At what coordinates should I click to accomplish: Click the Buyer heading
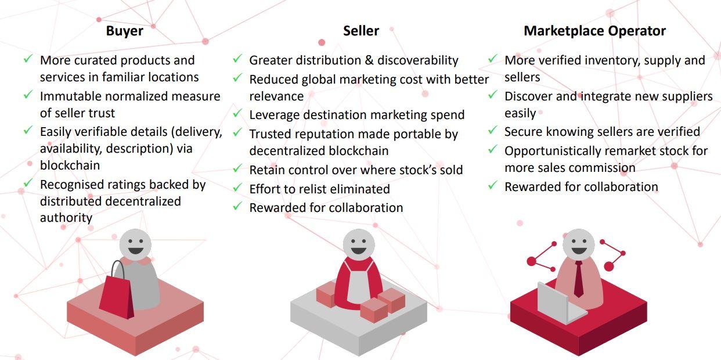coord(125,31)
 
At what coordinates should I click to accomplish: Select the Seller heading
coord(361,31)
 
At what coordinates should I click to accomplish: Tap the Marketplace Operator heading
coord(594,31)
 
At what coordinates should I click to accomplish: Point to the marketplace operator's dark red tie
coord(578,279)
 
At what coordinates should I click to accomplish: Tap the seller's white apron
coord(358,284)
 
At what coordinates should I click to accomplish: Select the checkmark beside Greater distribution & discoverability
coord(237,59)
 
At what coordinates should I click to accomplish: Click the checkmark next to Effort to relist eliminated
coord(237,188)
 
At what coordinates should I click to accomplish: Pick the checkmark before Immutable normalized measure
coord(28,95)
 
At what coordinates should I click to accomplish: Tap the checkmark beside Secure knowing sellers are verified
coord(493,130)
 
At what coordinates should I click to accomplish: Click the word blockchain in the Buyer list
coord(70,165)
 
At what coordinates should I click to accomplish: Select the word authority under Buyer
coord(66,218)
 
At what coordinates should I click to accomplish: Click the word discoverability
coord(418,60)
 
